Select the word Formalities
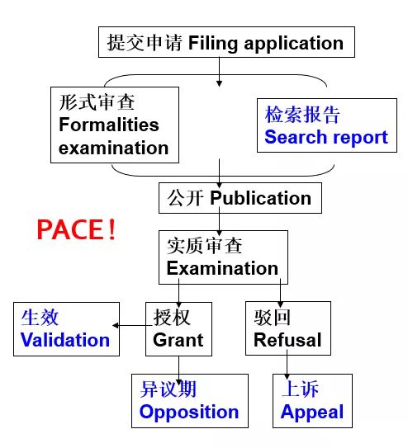pos(108,127)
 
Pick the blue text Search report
pos(325,137)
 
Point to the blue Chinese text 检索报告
pos(302,114)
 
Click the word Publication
pos(260,198)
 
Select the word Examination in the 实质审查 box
pos(222,268)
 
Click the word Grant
pos(178,339)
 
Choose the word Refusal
pos(287,339)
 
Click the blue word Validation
pos(64,339)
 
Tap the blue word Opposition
pos(189,411)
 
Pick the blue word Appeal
pos(311,411)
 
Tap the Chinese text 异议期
pos(168,389)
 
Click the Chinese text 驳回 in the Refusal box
pos(272,317)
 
